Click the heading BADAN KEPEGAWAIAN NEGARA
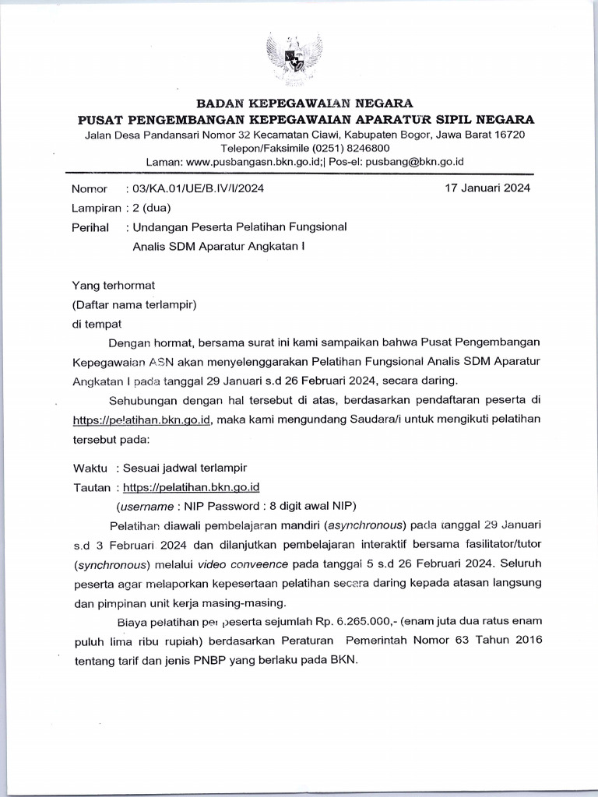coord(304,103)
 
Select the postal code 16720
coord(509,134)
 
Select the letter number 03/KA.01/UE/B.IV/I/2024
coord(199,188)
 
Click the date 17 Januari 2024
coord(487,188)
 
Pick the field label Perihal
coord(90,227)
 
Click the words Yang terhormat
coord(114,286)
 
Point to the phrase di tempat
coord(97,324)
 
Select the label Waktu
coord(90,468)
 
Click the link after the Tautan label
coord(191,487)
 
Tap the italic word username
coord(153,505)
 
